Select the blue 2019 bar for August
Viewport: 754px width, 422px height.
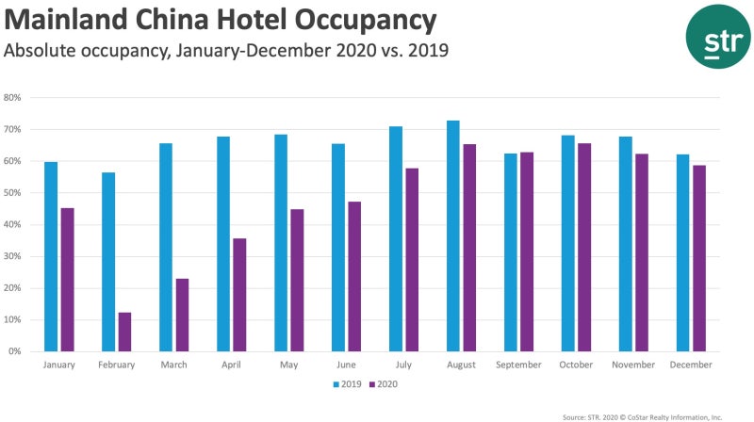(452, 235)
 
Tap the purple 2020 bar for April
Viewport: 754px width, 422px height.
(239, 295)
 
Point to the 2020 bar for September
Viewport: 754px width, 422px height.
(527, 252)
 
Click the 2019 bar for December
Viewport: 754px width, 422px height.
(683, 252)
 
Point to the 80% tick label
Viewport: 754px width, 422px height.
(13, 97)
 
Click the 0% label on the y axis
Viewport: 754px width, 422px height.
(15, 351)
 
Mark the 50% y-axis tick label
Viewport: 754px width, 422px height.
(13, 192)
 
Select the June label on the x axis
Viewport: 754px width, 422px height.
(346, 365)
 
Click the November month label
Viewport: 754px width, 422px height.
(633, 365)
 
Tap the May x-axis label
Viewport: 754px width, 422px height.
(288, 365)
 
